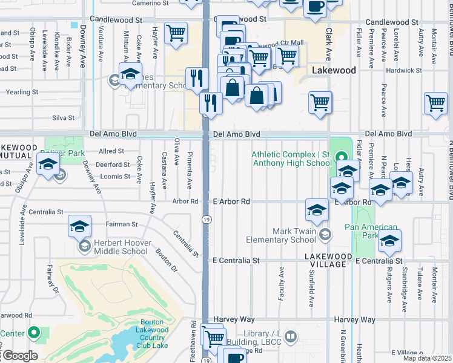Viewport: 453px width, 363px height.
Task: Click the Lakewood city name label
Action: click(334, 70)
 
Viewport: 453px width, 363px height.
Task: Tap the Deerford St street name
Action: click(113, 164)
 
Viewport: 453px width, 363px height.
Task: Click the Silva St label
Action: click(63, 118)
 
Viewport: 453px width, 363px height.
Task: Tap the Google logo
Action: click(19, 356)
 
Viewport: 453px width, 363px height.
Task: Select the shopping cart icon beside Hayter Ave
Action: click(176, 33)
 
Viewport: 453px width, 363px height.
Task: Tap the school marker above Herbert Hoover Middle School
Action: click(79, 226)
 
